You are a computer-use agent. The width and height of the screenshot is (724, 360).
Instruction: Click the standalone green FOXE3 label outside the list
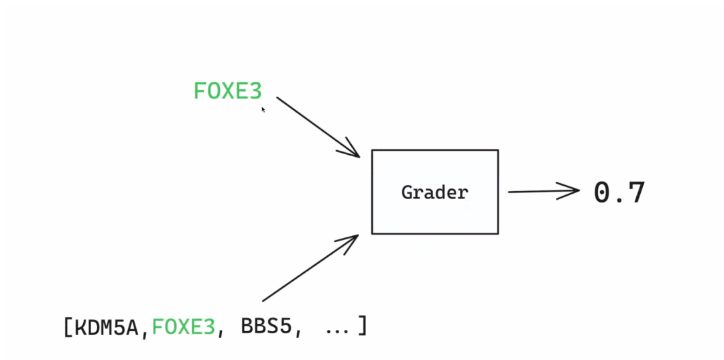pos(227,91)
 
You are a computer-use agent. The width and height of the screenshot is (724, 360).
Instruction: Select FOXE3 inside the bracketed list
pos(184,327)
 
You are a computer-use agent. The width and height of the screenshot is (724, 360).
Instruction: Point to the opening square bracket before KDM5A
pos(68,328)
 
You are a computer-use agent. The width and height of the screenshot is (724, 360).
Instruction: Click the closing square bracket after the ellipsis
pos(362,326)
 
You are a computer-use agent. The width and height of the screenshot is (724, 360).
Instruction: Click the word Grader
pos(434,192)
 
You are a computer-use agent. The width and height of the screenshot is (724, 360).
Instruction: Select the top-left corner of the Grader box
pos(372,150)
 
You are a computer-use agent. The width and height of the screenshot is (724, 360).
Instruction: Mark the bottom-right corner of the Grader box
pos(498,233)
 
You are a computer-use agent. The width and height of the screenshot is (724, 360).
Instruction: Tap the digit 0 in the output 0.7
pos(603,192)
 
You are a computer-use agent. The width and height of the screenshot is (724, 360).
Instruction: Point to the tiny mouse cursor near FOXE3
pos(263,109)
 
